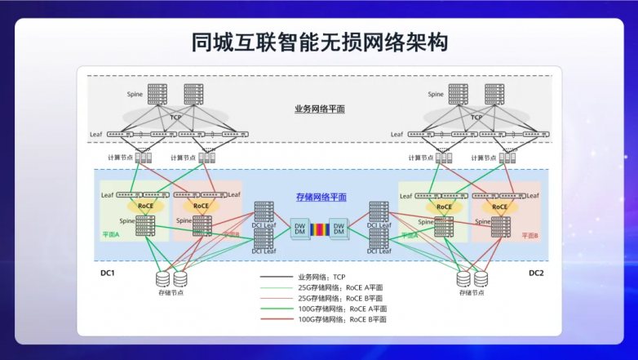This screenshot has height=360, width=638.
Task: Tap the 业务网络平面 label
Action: pyautogui.click(x=320, y=109)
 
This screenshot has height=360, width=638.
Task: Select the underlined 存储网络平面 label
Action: pyautogui.click(x=321, y=198)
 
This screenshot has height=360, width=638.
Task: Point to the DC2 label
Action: pyautogui.click(x=535, y=272)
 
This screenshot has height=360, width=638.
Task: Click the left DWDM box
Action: pyautogui.click(x=299, y=228)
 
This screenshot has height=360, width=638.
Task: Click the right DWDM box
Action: pyautogui.click(x=339, y=228)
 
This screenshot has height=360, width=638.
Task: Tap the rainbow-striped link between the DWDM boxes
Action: pyautogui.click(x=319, y=229)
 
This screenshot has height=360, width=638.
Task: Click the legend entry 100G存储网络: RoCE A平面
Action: pyautogui.click(x=342, y=309)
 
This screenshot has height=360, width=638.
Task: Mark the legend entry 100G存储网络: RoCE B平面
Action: pyautogui.click(x=342, y=320)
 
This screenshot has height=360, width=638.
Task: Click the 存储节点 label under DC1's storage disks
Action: pyautogui.click(x=171, y=292)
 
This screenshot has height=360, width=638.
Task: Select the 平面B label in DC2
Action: pyautogui.click(x=529, y=235)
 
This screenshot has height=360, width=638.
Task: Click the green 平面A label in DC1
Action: pyautogui.click(x=110, y=235)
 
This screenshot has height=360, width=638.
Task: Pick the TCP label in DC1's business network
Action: pyautogui.click(x=175, y=118)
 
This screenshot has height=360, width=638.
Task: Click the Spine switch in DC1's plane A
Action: pyautogui.click(x=145, y=225)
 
